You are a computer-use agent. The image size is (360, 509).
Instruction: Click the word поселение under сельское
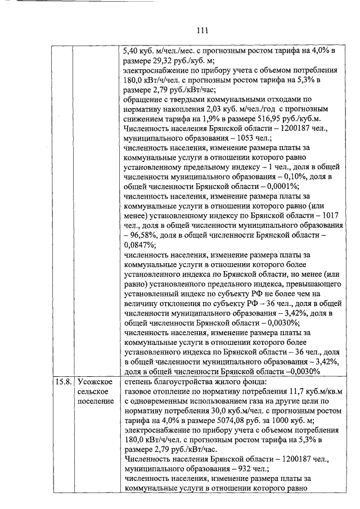point(96,401)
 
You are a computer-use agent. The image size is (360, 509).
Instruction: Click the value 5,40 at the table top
point(132,51)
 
